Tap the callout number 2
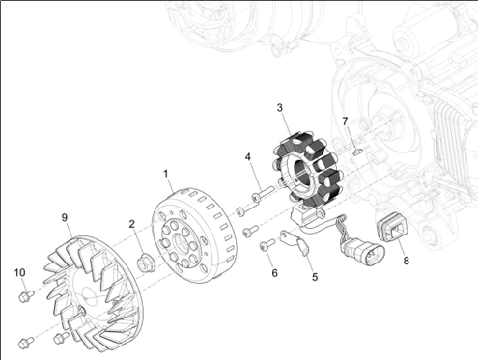pyautogui.click(x=132, y=224)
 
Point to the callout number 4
pyautogui.click(x=248, y=156)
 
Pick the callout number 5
pyautogui.click(x=314, y=277)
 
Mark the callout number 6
pyautogui.click(x=274, y=273)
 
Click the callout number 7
pyautogui.click(x=344, y=121)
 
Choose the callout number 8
pyautogui.click(x=406, y=261)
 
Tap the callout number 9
pyautogui.click(x=64, y=217)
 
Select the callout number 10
pyautogui.click(x=18, y=272)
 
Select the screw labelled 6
pyautogui.click(x=267, y=246)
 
